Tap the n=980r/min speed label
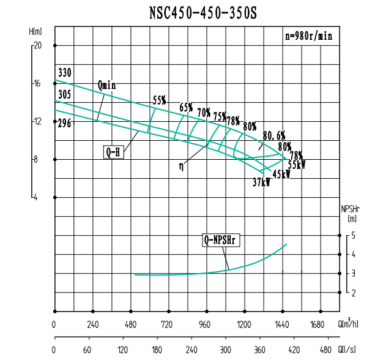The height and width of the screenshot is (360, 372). tap(309, 36)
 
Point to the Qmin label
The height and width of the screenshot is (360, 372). tap(106, 85)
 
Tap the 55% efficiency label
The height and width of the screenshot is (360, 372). tap(160, 100)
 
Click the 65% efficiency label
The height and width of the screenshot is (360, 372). tap(186, 108)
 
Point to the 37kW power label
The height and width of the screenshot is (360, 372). tap(261, 182)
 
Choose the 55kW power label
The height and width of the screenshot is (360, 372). tap(297, 165)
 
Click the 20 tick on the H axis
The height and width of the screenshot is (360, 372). tap(37, 45)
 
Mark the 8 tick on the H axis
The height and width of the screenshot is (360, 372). tap(37, 159)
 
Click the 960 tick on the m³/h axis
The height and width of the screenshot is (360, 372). tap(206, 324)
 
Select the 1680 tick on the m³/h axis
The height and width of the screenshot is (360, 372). tap(320, 324)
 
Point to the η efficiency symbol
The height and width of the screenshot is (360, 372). tap(181, 165)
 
